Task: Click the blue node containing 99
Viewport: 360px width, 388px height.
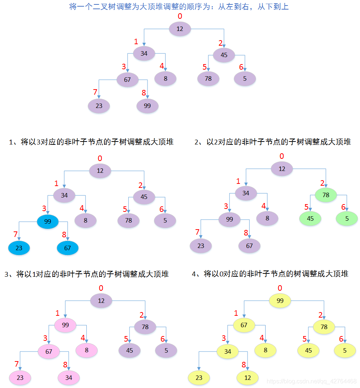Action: click(48, 221)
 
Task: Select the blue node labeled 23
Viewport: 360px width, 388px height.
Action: click(19, 248)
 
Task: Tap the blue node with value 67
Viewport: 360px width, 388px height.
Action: click(67, 248)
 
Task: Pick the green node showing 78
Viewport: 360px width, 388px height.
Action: click(326, 195)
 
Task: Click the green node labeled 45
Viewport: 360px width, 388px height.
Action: click(310, 219)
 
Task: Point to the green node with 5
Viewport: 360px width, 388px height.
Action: click(347, 219)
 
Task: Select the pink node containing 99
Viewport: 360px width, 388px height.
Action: click(65, 325)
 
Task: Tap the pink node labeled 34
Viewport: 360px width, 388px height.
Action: click(69, 378)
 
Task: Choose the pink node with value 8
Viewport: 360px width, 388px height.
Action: click(87, 350)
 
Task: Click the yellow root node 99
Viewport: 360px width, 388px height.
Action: click(280, 301)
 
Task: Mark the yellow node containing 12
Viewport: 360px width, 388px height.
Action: click(247, 378)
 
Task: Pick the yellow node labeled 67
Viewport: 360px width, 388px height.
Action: click(244, 325)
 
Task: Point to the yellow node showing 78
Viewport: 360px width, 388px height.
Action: click(324, 327)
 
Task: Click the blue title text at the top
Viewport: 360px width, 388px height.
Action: click(179, 7)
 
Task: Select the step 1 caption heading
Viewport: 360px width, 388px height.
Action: click(91, 142)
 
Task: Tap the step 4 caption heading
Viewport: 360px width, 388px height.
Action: click(270, 274)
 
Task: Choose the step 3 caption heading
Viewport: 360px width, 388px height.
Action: click(86, 274)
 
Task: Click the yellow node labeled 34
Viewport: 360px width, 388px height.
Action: click(228, 352)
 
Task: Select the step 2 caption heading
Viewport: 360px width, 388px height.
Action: click(273, 142)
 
